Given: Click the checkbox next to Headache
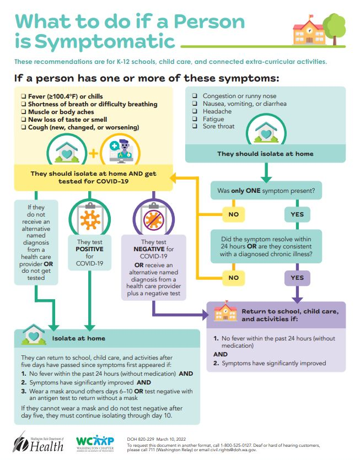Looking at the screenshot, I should [195, 111].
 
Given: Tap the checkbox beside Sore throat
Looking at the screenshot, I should [195, 127].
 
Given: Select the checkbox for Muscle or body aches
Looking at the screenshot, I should [23, 112].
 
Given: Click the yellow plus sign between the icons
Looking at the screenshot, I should [93, 153].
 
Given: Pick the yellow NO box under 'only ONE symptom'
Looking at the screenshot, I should [233, 214].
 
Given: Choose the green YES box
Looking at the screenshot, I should [297, 214].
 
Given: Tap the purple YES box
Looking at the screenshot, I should [297, 278].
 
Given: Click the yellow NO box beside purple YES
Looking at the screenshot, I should [233, 278].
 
